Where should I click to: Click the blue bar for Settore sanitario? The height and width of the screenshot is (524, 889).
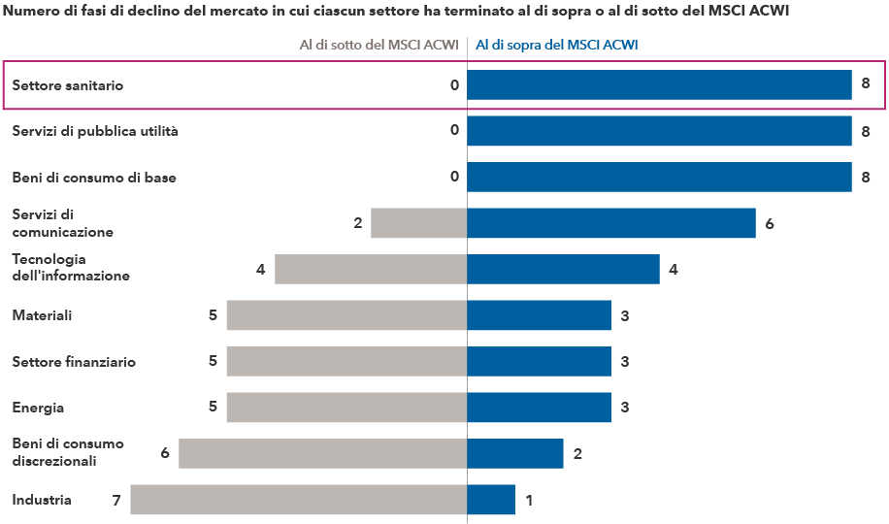point(659,85)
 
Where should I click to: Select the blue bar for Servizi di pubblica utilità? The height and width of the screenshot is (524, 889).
point(659,131)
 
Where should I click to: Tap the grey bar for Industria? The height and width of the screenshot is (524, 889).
point(299,500)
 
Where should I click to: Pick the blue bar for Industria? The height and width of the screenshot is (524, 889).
point(491,500)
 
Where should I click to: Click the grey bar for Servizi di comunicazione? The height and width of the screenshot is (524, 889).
point(419,223)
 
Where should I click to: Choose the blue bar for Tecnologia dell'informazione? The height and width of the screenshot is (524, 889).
point(563,269)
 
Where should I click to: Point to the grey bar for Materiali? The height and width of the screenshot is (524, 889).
point(346,315)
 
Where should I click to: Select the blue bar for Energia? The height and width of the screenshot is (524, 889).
point(539,408)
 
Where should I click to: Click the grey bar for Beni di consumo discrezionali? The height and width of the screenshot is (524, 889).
point(323,453)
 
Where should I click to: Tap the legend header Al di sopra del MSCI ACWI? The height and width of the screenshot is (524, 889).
point(556,45)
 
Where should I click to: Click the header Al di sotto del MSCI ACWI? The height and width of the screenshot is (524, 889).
point(379,45)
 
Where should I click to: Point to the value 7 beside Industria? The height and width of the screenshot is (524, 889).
point(116,501)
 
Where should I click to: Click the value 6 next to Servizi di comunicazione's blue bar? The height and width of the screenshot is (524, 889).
point(770,224)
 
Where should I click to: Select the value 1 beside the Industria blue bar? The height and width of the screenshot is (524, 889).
point(529,501)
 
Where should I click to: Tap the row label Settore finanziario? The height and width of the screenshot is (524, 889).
point(74,362)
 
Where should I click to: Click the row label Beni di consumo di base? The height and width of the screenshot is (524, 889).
point(94,178)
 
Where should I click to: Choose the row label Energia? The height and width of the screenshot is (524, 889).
point(38,408)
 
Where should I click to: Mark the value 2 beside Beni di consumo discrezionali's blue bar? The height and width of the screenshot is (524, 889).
point(577,454)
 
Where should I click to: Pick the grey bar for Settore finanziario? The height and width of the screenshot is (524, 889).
point(346,361)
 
